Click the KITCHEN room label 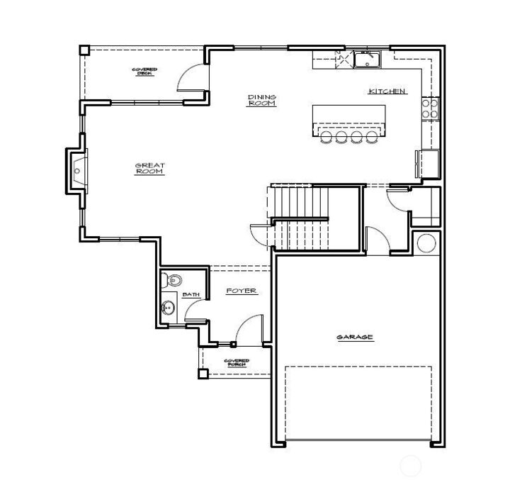(x=387, y=91)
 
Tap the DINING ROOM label (x=261, y=100)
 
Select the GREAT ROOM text (x=150, y=169)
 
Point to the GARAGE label (x=355, y=338)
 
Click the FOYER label (x=241, y=291)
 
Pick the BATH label (x=191, y=294)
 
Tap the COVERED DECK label (x=144, y=71)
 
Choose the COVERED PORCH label (x=236, y=362)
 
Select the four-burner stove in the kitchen (x=430, y=108)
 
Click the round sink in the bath (x=168, y=308)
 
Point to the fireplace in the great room (x=76, y=170)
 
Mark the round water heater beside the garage (x=427, y=242)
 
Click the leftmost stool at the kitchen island (x=326, y=137)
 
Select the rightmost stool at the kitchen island (x=371, y=137)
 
